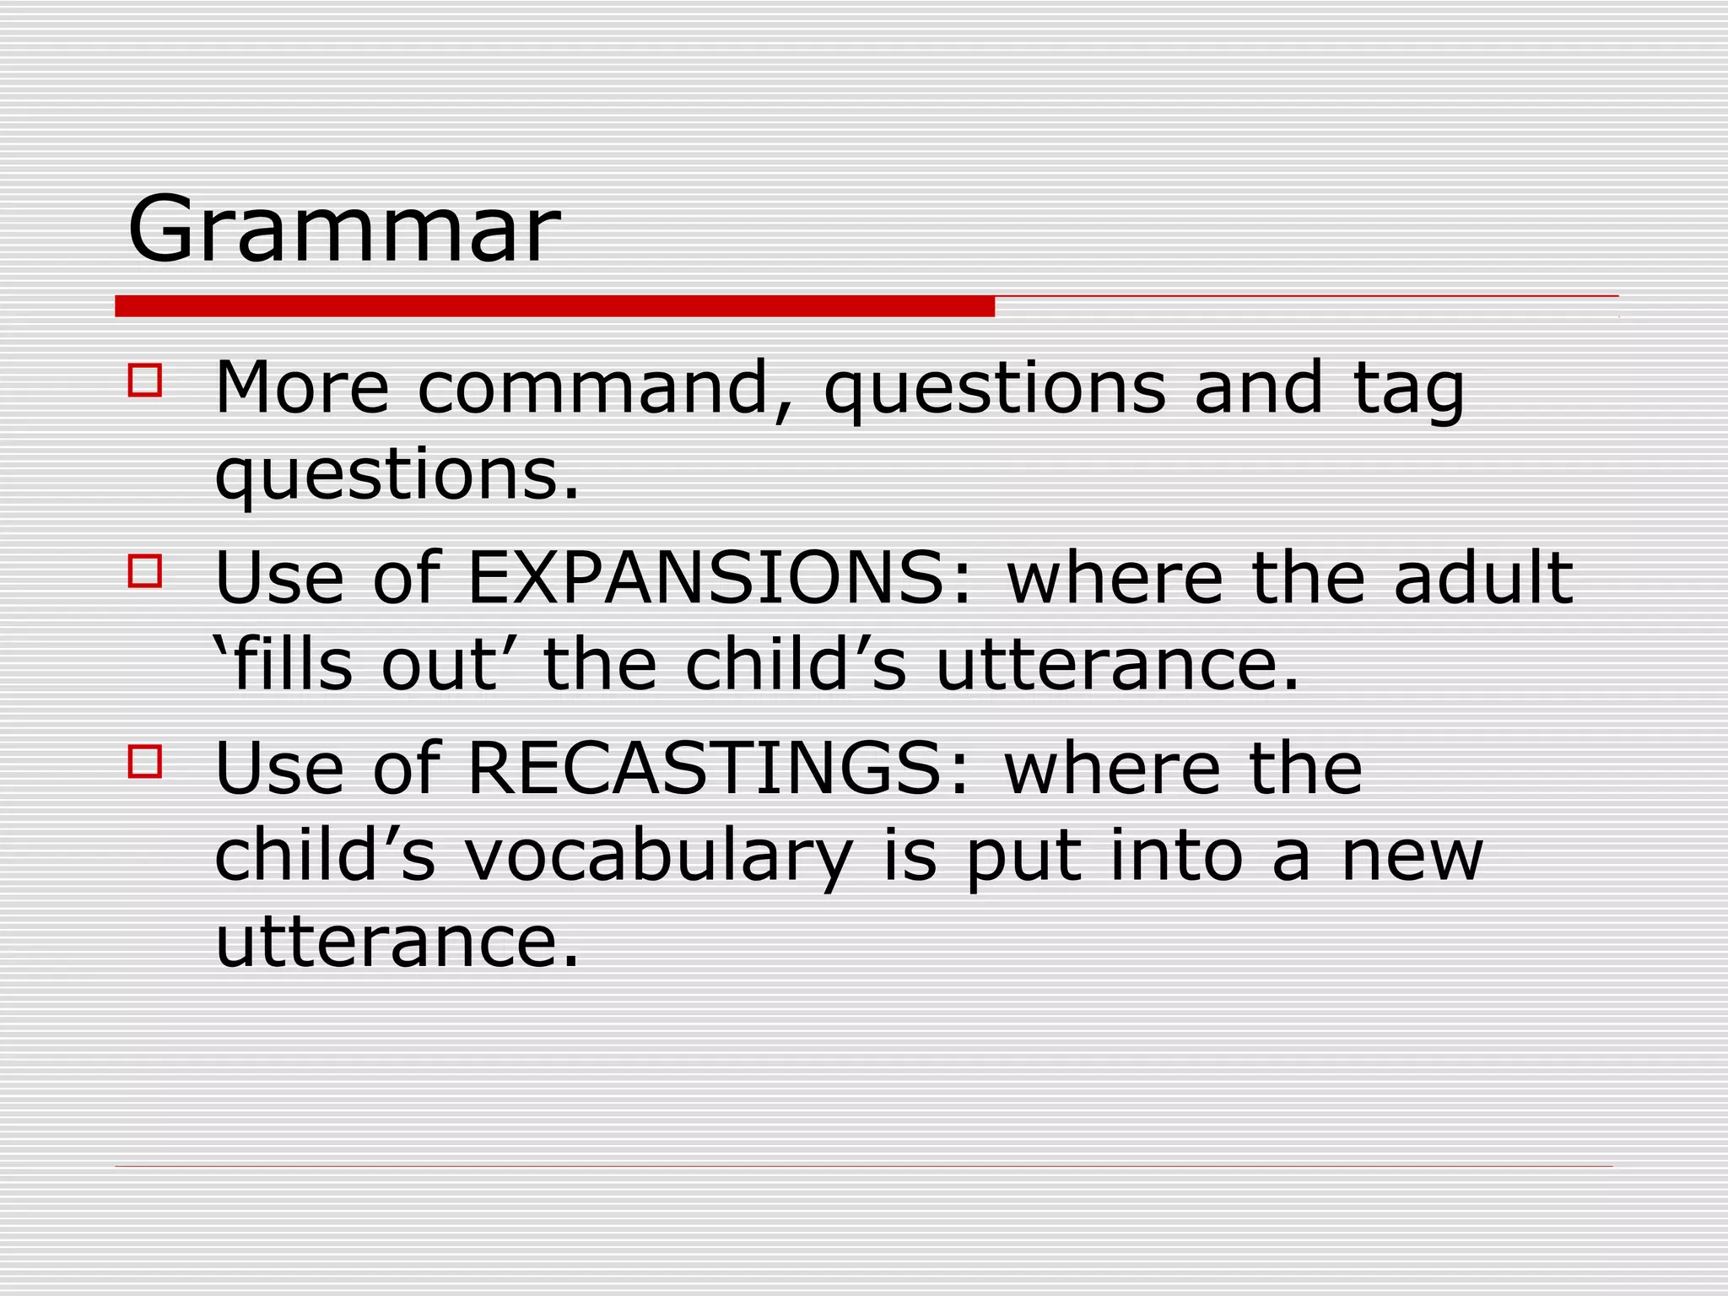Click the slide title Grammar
(343, 229)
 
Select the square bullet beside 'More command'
(144, 381)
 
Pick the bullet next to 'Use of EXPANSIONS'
(144, 570)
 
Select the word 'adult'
(1483, 579)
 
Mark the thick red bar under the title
(554, 306)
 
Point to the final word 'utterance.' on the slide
(397, 942)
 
